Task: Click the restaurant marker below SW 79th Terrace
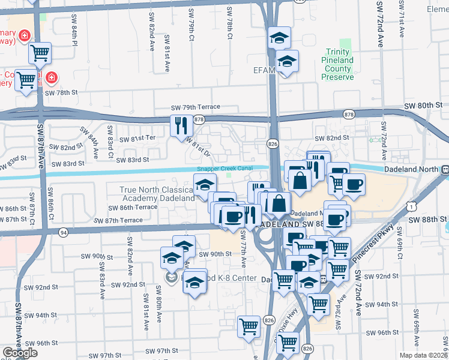[181, 125]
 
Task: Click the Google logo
[20, 353]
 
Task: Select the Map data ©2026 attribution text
[424, 355]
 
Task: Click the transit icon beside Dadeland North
[444, 169]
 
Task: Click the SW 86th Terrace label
[132, 207]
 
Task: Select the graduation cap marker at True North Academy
[205, 185]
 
